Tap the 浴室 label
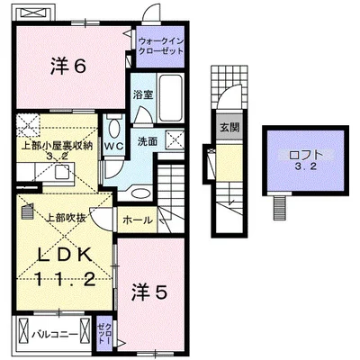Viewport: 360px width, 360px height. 142,94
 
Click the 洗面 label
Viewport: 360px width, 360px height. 148,141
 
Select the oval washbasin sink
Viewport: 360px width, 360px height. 141,192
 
